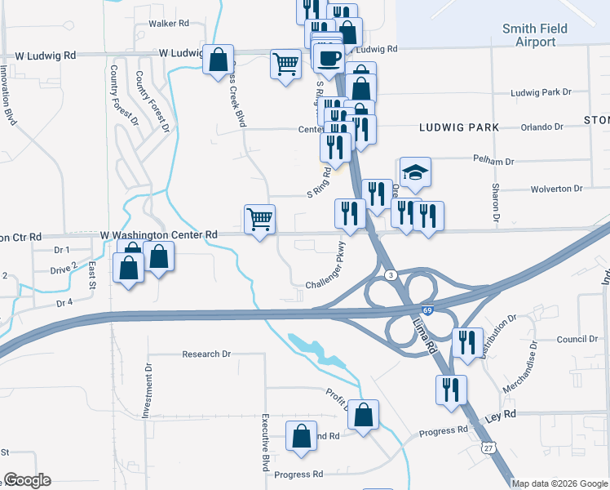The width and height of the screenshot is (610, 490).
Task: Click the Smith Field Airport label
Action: click(x=535, y=34)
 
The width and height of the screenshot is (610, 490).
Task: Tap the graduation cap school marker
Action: click(x=415, y=173)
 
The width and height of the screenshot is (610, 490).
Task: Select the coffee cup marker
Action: click(x=329, y=59)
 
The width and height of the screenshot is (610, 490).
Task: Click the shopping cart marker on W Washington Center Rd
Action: click(x=260, y=219)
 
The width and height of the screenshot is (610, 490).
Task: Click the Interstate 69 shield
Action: click(x=427, y=310)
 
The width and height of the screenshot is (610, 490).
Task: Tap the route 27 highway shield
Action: click(x=488, y=448)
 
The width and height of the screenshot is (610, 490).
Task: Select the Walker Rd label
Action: click(x=169, y=24)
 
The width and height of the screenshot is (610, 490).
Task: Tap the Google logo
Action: click(x=27, y=480)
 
